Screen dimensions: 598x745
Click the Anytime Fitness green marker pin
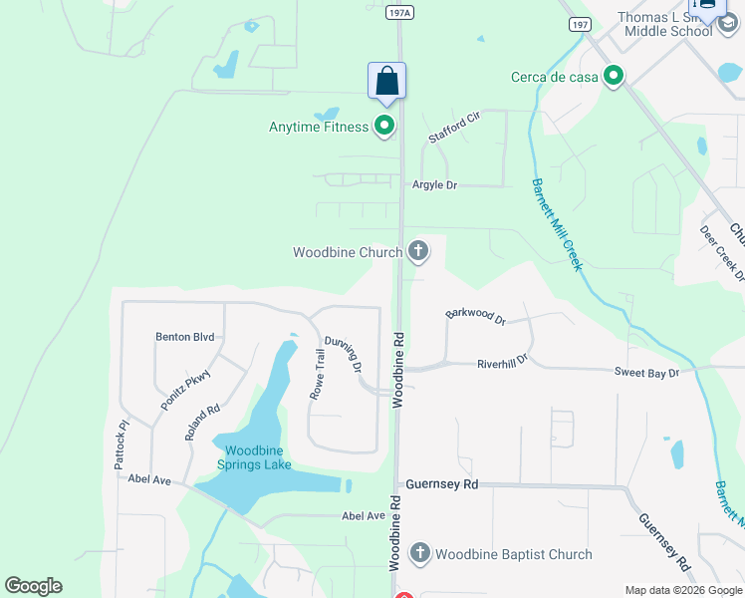coord(384,126)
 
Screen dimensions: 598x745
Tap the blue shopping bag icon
coord(386,82)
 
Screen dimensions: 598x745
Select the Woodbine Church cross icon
coord(419,252)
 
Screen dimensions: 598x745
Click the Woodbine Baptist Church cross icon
coord(419,553)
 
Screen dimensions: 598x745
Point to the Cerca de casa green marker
coord(615,76)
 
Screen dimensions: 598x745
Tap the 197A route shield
coord(398,10)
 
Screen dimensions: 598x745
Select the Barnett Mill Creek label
coord(556,225)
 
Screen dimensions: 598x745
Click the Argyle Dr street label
coord(434,185)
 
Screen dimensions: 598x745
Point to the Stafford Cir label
coord(453,129)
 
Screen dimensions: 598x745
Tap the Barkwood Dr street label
coord(476,316)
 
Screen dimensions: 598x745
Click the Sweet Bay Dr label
coord(645,372)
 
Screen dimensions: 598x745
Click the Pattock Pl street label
coord(122,445)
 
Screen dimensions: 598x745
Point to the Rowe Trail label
coord(320,374)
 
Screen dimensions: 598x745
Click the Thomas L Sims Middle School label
coord(664,23)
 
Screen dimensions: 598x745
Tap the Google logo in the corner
coord(33,586)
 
